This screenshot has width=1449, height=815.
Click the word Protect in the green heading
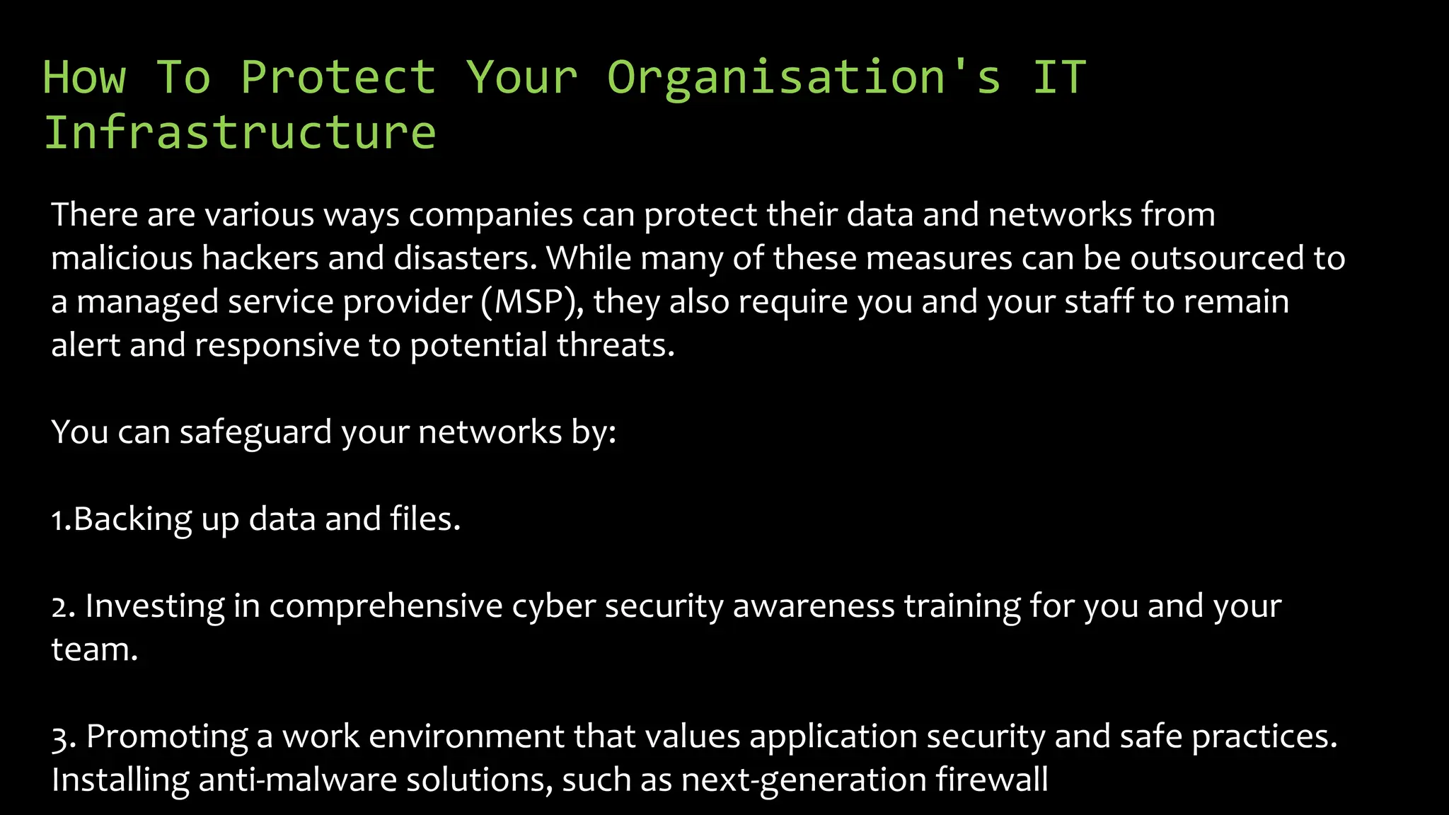click(x=337, y=77)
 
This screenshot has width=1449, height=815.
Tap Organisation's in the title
click(x=804, y=77)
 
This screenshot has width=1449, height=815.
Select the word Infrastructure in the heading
click(x=240, y=132)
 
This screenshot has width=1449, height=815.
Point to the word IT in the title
click(x=1059, y=77)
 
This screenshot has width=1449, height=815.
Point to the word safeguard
click(x=255, y=432)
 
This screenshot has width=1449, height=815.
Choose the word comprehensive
click(x=386, y=606)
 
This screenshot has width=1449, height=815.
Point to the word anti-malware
click(x=296, y=780)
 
